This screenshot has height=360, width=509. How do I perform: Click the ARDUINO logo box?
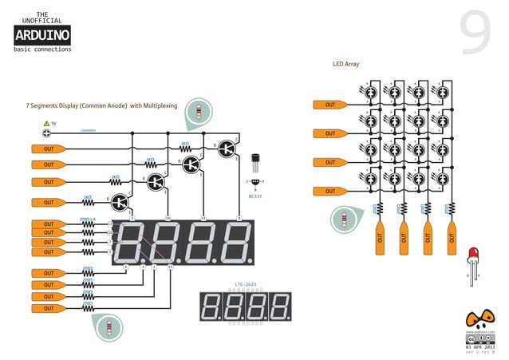(x=42, y=35)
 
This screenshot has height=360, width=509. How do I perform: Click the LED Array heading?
(x=345, y=62)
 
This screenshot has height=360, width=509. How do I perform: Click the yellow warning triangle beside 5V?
(x=45, y=124)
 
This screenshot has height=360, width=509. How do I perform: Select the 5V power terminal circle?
(x=46, y=133)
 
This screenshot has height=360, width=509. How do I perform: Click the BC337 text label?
(x=255, y=195)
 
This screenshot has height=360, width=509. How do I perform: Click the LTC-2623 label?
(x=245, y=283)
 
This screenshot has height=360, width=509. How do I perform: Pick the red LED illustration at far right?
(x=473, y=255)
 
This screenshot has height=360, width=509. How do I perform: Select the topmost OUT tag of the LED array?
(x=329, y=105)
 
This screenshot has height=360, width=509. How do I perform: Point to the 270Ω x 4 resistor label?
(x=88, y=217)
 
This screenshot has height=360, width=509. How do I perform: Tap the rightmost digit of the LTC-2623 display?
(x=280, y=307)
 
